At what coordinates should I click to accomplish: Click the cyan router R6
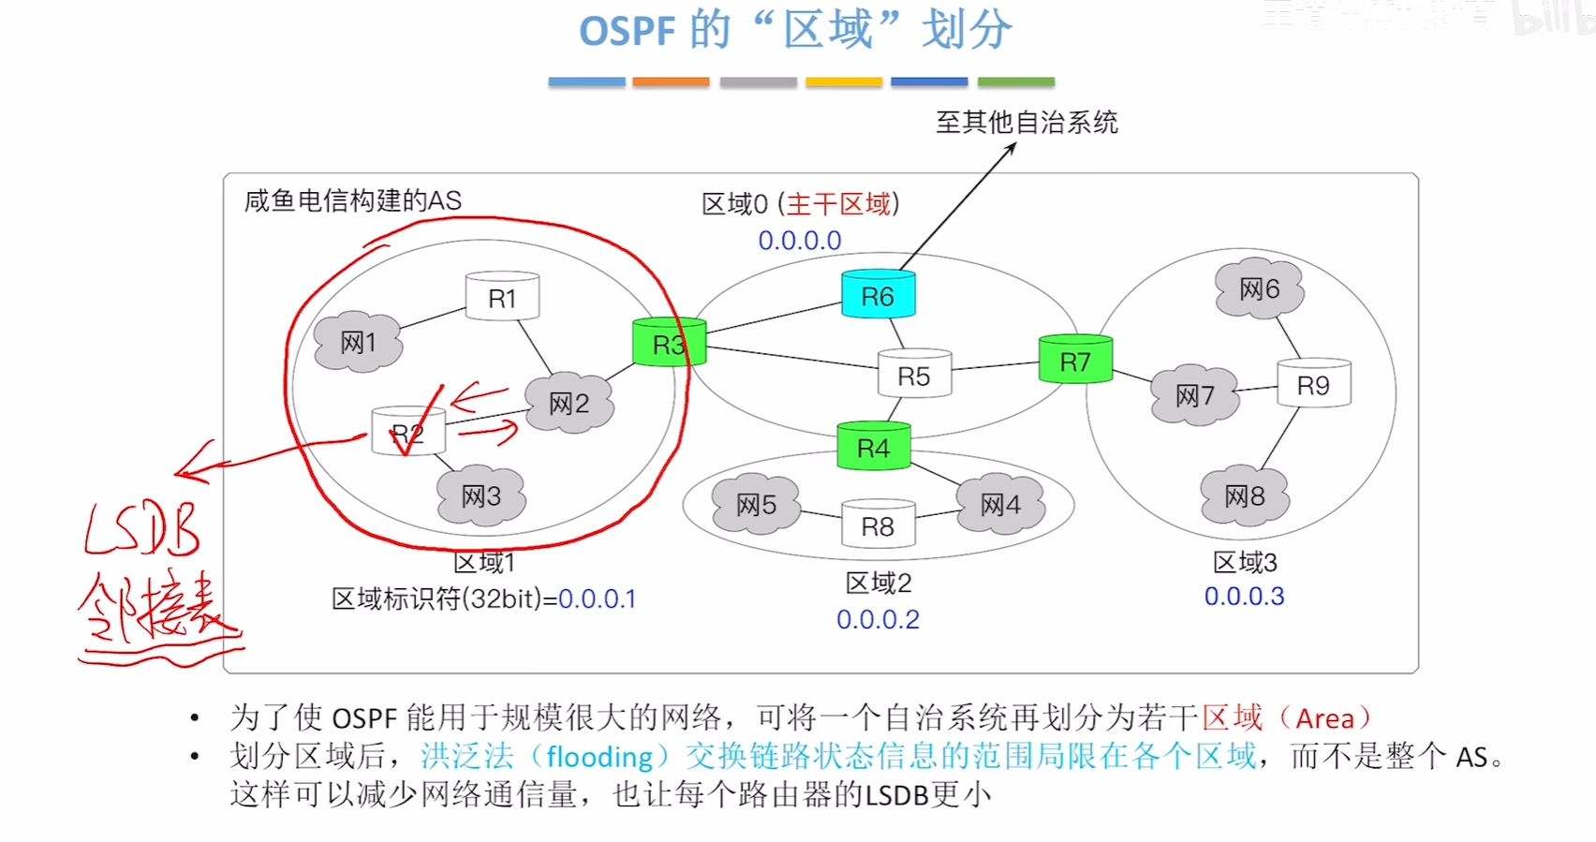(878, 295)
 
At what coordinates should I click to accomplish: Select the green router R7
(1075, 361)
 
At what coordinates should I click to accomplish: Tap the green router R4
(873, 447)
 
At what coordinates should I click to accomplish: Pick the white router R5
(914, 375)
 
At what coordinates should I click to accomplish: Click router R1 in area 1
(502, 297)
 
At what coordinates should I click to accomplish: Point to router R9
(1313, 384)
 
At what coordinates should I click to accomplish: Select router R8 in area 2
(878, 525)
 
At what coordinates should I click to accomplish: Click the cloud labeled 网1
(358, 342)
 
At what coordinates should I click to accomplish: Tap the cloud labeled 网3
(480, 495)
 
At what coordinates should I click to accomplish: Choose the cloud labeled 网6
(1259, 288)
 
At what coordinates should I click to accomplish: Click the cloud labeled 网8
(1245, 495)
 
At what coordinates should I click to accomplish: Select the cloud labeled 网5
(756, 505)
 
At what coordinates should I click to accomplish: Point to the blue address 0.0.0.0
(800, 241)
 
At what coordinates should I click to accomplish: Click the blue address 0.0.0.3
(1244, 597)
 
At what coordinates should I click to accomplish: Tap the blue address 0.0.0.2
(878, 620)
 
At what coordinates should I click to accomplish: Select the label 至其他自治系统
(1027, 123)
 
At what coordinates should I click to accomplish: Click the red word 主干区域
(838, 204)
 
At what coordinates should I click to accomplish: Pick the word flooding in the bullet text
(599, 757)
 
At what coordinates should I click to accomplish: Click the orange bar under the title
(671, 82)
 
